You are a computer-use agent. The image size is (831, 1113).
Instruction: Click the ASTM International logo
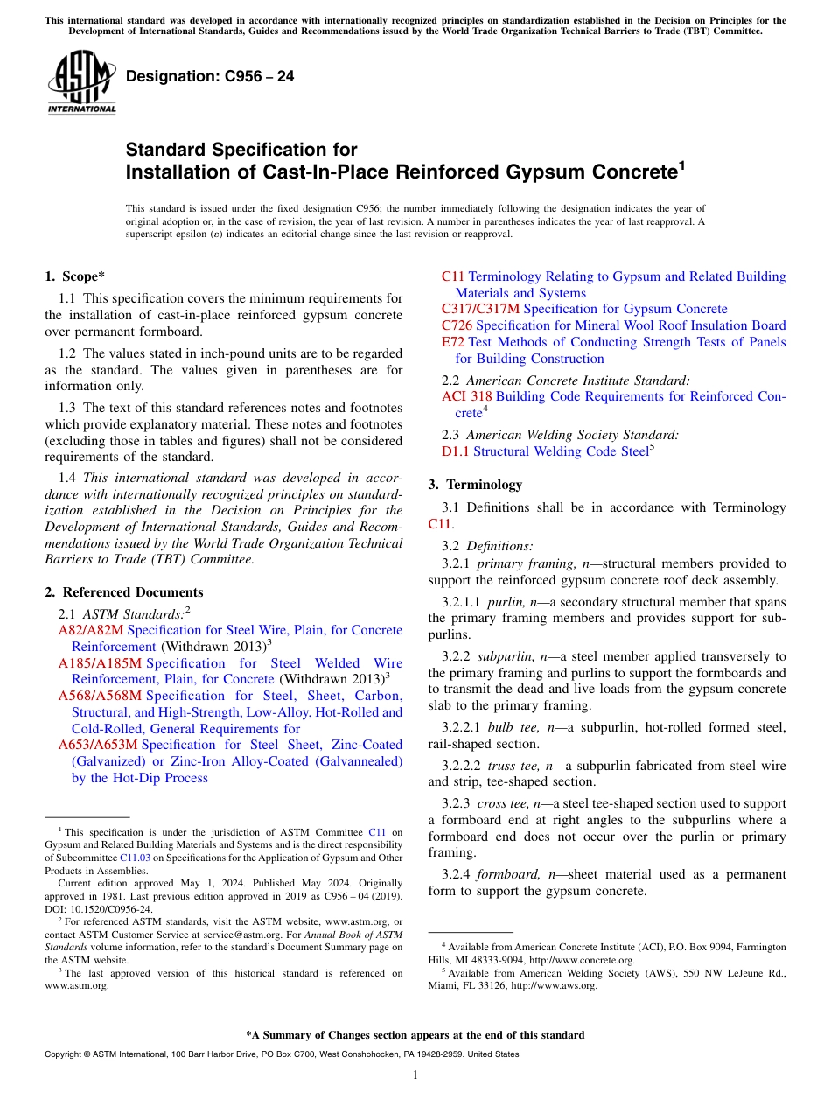(x=81, y=82)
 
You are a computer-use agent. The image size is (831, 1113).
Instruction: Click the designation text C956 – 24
(x=210, y=76)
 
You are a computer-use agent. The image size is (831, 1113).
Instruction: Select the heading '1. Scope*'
(x=74, y=276)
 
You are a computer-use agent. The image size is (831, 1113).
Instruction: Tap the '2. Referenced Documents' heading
(x=123, y=592)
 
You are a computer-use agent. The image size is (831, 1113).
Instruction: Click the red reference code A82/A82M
(x=91, y=630)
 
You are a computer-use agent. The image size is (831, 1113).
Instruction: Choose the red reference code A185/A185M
(x=100, y=663)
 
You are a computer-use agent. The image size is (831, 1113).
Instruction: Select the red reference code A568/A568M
(x=100, y=696)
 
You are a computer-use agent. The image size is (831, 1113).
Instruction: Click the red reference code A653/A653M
(x=98, y=745)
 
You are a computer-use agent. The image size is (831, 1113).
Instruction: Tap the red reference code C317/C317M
(x=480, y=309)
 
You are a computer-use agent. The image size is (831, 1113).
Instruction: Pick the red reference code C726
(x=457, y=325)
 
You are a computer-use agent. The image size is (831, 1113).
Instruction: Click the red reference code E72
(x=453, y=342)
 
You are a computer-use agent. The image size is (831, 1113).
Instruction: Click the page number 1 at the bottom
(x=415, y=1074)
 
